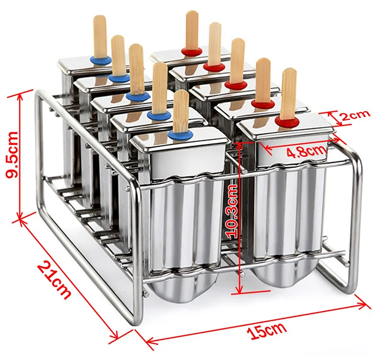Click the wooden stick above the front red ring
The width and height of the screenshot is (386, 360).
tap(288, 93)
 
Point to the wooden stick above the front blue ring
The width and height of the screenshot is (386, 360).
tap(181, 110)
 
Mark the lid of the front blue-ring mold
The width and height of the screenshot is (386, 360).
tap(180, 144)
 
